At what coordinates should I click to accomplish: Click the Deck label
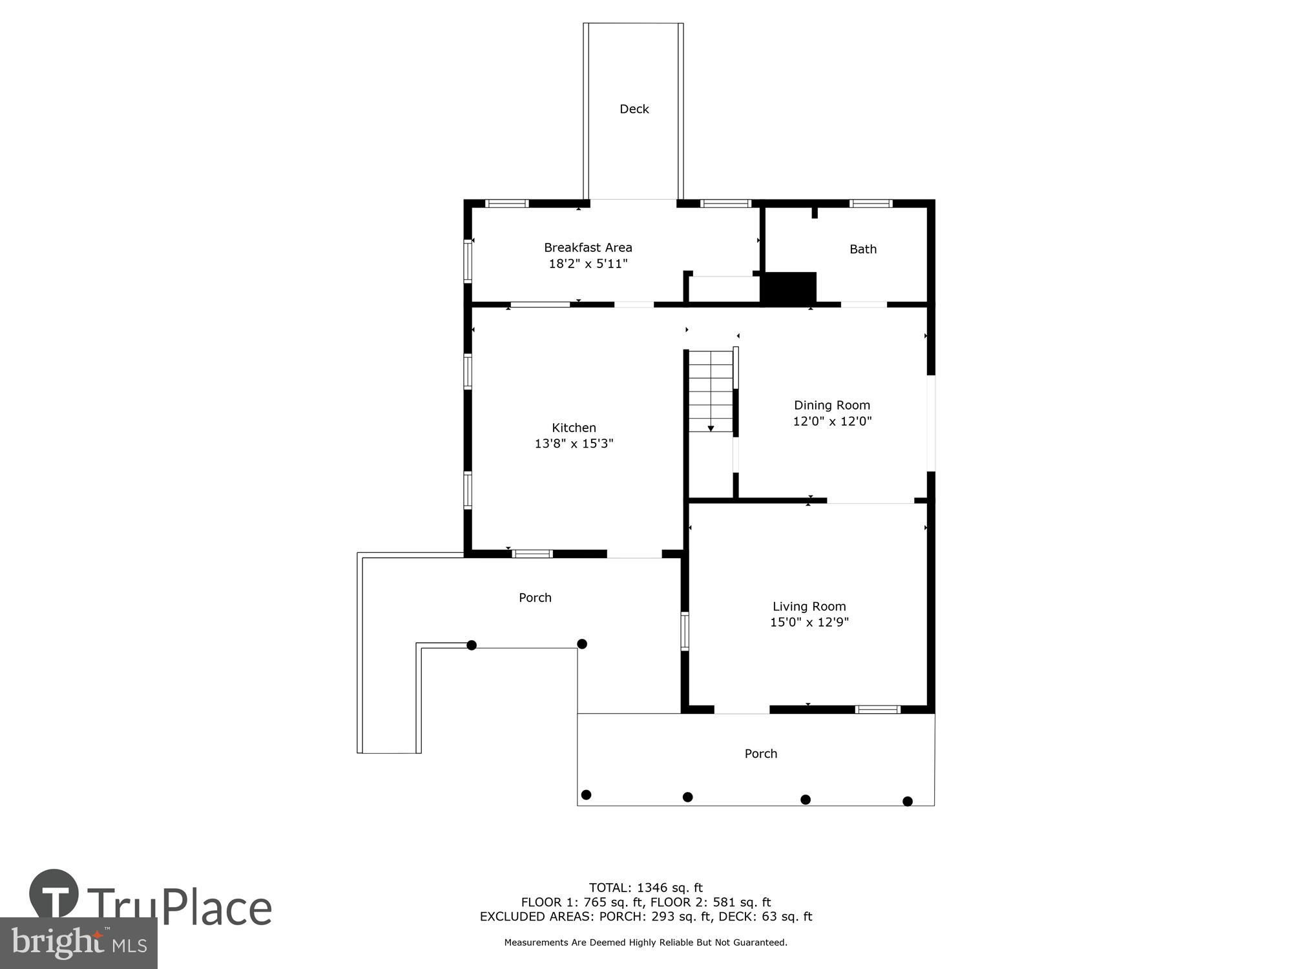click(x=634, y=109)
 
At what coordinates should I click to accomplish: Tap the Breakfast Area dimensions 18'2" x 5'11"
click(x=588, y=264)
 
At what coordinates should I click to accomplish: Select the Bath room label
click(x=862, y=249)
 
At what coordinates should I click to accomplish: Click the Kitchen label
click(x=574, y=428)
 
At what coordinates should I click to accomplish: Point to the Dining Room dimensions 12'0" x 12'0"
click(x=832, y=421)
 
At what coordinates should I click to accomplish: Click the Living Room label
click(x=809, y=607)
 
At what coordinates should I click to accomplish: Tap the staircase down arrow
click(x=711, y=428)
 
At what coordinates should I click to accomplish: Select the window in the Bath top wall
click(x=870, y=203)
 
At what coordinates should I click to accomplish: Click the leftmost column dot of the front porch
click(x=587, y=795)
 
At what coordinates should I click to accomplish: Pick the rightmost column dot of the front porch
click(x=907, y=802)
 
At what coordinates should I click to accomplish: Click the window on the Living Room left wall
click(x=685, y=630)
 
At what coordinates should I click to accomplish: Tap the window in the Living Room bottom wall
click(x=877, y=709)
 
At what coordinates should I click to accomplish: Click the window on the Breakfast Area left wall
click(x=468, y=261)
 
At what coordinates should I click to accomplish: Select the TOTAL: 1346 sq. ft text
click(x=645, y=888)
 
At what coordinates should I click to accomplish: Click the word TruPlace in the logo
click(x=179, y=908)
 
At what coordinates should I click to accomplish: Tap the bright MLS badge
click(x=78, y=943)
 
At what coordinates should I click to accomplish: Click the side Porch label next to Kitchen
click(x=535, y=598)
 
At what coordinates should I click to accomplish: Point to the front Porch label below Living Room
click(x=760, y=754)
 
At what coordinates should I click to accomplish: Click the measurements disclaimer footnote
click(x=645, y=943)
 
